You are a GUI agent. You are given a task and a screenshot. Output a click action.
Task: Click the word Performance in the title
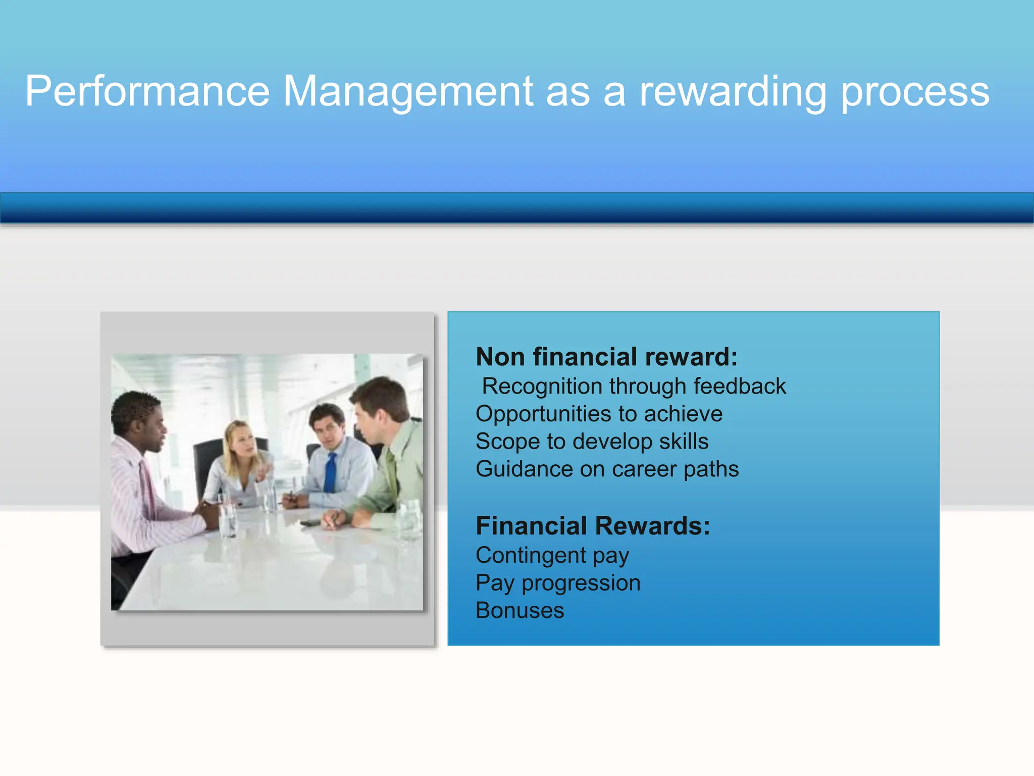click(147, 92)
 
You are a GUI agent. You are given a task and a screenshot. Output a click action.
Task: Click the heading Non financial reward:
click(606, 357)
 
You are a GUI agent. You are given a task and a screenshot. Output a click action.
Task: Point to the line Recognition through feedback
click(634, 386)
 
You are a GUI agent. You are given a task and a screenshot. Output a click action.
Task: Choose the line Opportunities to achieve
click(599, 414)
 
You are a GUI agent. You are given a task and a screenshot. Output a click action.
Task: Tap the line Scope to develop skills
click(592, 442)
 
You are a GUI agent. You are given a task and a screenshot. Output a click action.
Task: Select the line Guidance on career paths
click(607, 469)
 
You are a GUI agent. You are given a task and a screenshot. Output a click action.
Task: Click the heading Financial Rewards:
click(593, 526)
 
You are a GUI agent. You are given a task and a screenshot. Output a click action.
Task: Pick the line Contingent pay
click(552, 555)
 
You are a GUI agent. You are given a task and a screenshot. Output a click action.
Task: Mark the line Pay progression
click(558, 583)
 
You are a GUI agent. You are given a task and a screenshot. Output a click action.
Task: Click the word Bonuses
click(520, 610)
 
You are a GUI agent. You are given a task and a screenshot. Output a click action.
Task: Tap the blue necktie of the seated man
click(330, 472)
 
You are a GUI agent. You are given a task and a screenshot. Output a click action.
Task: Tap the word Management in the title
click(408, 92)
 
